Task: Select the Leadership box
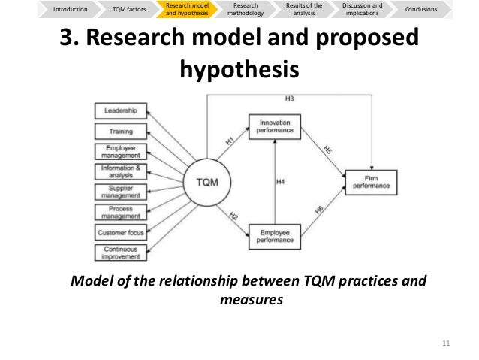(120, 111)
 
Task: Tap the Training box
(120, 132)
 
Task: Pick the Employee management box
(120, 151)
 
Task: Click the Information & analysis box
(120, 171)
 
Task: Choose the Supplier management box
(120, 192)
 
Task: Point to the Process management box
(120, 212)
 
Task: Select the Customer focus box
(120, 232)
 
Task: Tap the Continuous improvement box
(120, 253)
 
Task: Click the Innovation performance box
(274, 126)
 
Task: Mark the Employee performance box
(274, 237)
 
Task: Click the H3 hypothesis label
(289, 98)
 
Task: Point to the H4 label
(281, 181)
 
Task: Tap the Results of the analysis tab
(304, 9)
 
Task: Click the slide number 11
(445, 344)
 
